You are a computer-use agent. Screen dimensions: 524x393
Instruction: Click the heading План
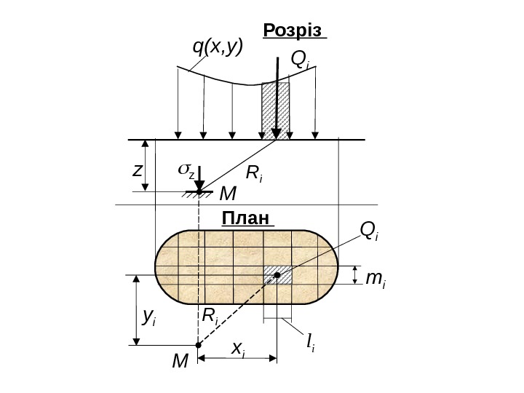click(x=245, y=218)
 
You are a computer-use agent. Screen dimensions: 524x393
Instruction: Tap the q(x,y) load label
click(x=217, y=47)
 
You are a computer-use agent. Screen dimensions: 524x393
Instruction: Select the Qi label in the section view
click(x=300, y=60)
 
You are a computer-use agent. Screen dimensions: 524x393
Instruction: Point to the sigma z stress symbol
click(x=186, y=172)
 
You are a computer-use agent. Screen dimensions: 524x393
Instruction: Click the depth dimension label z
click(x=137, y=170)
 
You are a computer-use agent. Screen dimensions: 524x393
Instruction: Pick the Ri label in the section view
click(x=254, y=173)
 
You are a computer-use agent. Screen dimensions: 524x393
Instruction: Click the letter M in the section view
click(x=228, y=194)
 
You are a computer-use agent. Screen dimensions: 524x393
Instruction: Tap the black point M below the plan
click(x=199, y=346)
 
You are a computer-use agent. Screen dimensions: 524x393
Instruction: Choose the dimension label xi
click(x=238, y=349)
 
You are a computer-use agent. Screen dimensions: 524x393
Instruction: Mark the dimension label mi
click(x=376, y=278)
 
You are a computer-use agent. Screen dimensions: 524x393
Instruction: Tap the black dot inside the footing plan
click(x=277, y=275)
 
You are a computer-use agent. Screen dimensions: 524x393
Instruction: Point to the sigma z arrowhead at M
click(x=199, y=187)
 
